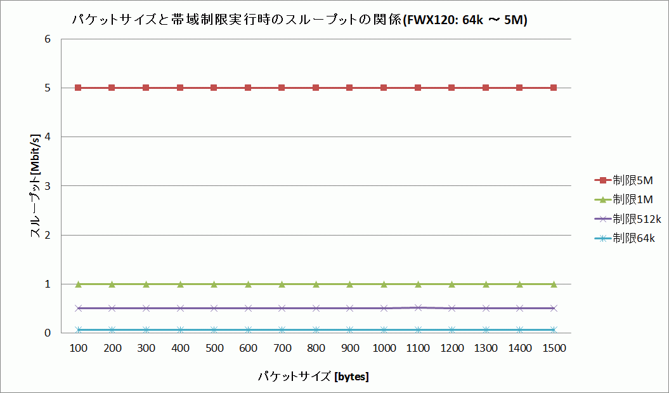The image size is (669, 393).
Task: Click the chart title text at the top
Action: (x=300, y=20)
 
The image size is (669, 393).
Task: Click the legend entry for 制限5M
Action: (x=627, y=180)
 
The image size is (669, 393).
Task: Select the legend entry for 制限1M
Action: (x=627, y=199)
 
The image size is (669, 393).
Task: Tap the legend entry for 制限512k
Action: (x=627, y=219)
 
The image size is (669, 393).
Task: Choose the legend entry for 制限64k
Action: (x=627, y=238)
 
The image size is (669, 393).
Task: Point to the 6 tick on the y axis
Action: (x=47, y=39)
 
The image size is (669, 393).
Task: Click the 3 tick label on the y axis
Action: (x=47, y=186)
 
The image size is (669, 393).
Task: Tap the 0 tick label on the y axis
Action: (x=47, y=333)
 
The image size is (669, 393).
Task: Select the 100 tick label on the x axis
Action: (x=78, y=349)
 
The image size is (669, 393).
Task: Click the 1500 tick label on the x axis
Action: (x=554, y=349)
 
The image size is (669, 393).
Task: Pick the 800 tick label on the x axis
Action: (x=316, y=349)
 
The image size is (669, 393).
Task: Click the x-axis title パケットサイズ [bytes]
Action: (x=313, y=376)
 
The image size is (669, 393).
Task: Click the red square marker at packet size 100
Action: (x=78, y=88)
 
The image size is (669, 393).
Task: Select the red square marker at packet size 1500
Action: (x=554, y=88)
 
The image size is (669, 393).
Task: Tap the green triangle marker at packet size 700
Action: (x=282, y=284)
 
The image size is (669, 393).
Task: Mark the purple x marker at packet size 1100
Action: (x=418, y=307)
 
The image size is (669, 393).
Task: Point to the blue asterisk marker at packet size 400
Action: (x=180, y=330)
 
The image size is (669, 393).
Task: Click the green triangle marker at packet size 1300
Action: (x=486, y=284)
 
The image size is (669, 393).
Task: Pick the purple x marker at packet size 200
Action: (x=112, y=308)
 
